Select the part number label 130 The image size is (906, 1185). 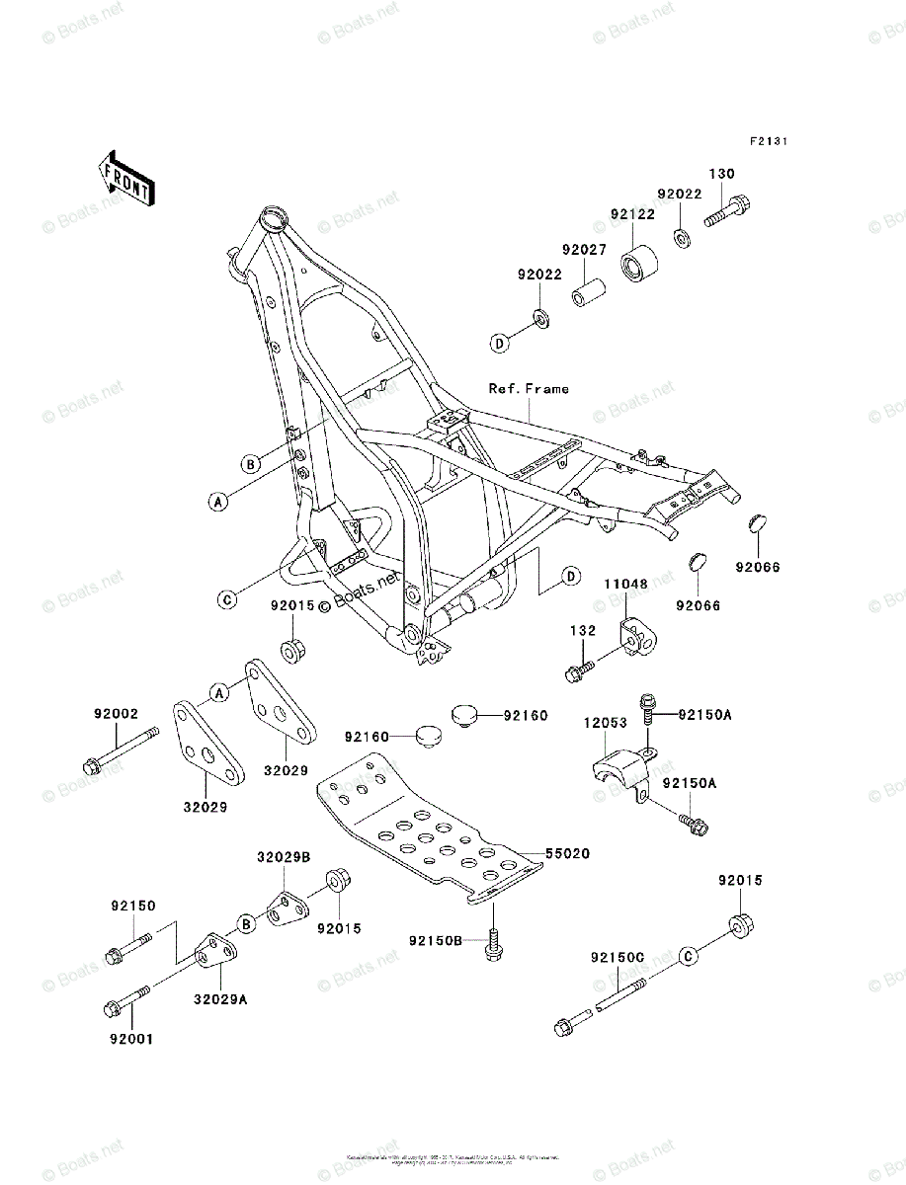pyautogui.click(x=721, y=174)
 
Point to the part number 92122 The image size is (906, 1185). pyautogui.click(x=631, y=213)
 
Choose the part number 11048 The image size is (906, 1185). pyautogui.click(x=626, y=585)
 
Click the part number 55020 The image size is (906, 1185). pyautogui.click(x=568, y=854)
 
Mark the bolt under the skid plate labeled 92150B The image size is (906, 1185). pyautogui.click(x=493, y=944)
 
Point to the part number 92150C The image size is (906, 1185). pyautogui.click(x=618, y=957)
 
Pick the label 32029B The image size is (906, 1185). pyautogui.click(x=284, y=857)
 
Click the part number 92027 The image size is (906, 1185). pyautogui.click(x=585, y=251)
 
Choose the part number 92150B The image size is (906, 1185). pyautogui.click(x=436, y=940)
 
